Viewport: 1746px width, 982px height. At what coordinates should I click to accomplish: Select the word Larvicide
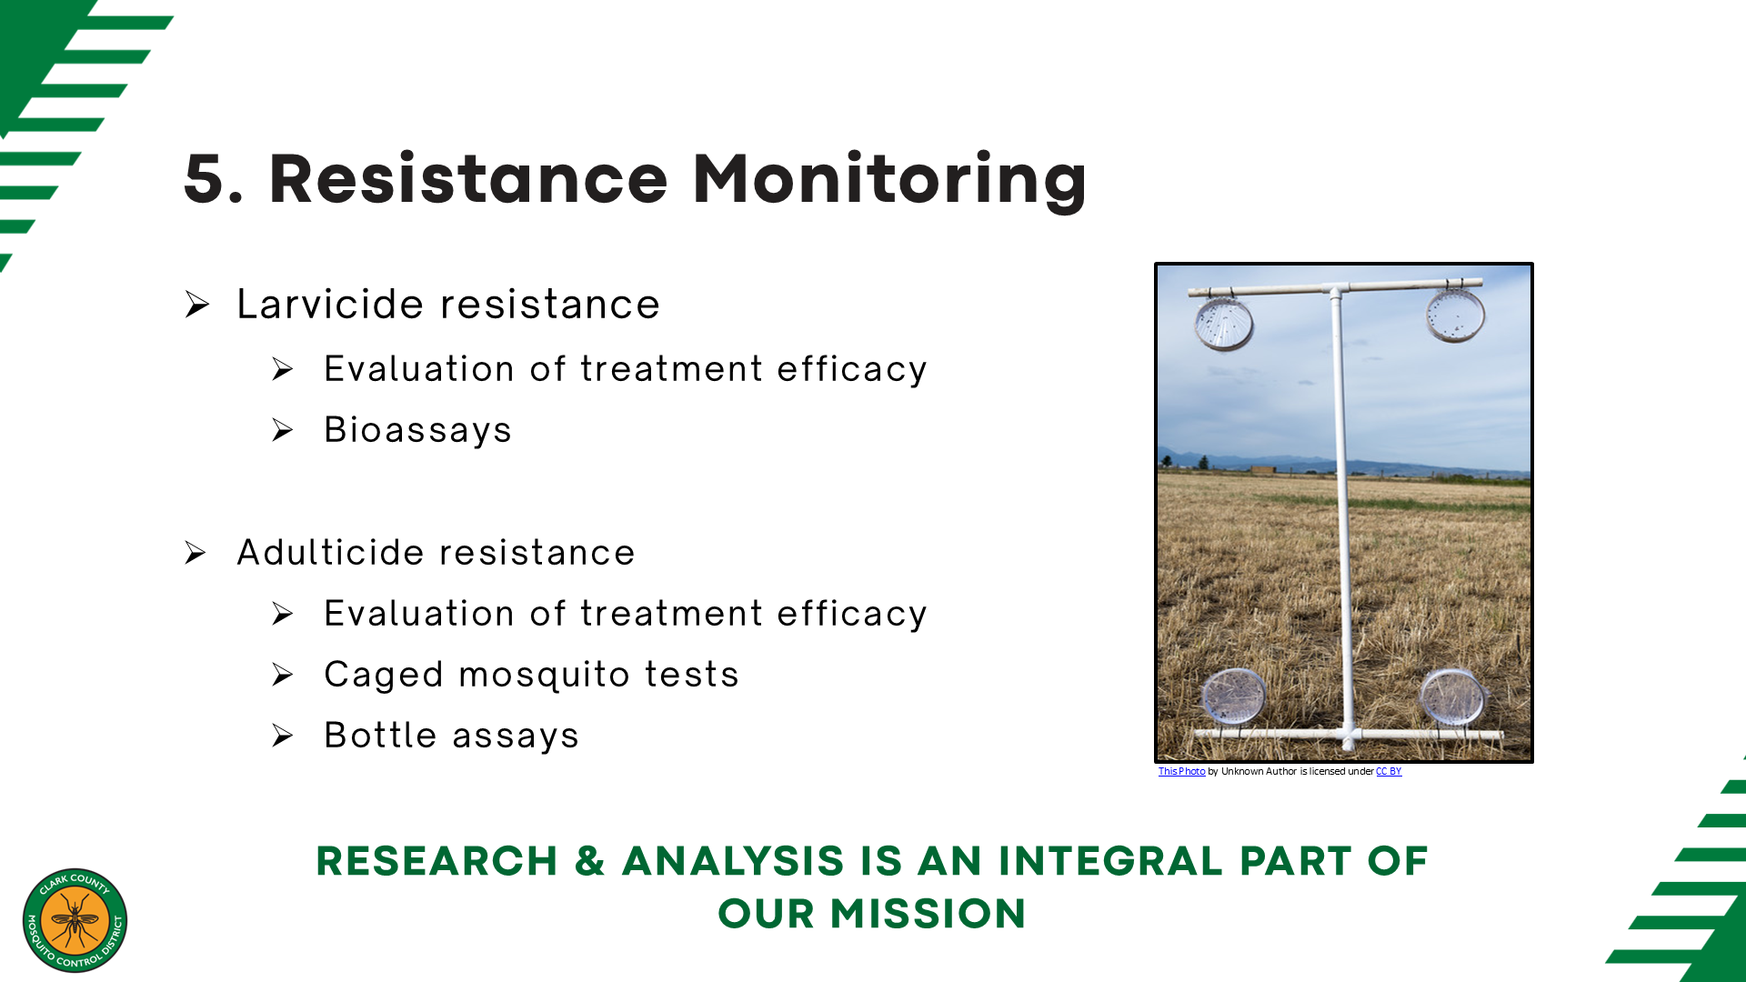(x=332, y=304)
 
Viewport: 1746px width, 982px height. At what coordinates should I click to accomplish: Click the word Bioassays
(x=418, y=430)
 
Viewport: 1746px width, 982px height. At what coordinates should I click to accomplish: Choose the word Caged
(x=384, y=676)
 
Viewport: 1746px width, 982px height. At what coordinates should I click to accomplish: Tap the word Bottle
(x=381, y=735)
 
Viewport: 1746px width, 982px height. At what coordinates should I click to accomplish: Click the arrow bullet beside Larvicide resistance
(x=197, y=305)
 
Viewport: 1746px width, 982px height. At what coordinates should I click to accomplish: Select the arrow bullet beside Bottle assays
(x=283, y=736)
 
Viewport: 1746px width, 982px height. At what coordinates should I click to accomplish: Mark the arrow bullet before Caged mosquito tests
(x=283, y=675)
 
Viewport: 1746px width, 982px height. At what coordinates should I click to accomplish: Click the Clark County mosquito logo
(x=75, y=920)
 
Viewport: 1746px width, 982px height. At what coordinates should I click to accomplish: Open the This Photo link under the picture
(x=1181, y=771)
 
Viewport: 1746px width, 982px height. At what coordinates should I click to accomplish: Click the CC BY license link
(x=1389, y=771)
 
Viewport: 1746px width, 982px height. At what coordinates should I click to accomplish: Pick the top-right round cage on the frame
(x=1455, y=315)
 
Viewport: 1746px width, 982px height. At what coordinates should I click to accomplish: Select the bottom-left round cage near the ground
(x=1233, y=696)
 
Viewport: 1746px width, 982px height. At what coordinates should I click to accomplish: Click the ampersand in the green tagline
(x=590, y=861)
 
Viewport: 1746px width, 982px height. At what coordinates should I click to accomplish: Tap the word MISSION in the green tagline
(x=928, y=914)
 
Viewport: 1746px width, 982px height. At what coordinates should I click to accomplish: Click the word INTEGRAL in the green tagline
(x=1110, y=861)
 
